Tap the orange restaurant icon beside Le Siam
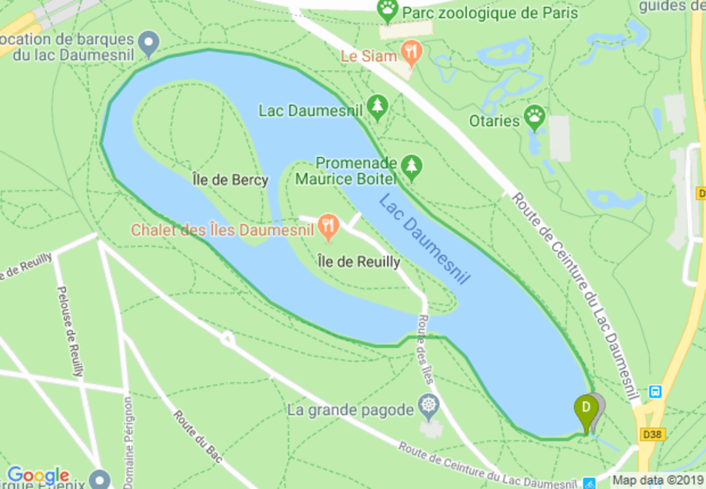pyautogui.click(x=412, y=52)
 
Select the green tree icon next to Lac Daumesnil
pyautogui.click(x=377, y=107)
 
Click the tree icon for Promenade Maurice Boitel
pyautogui.click(x=412, y=166)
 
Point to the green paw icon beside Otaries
pyautogui.click(x=535, y=117)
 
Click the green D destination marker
pyautogui.click(x=585, y=408)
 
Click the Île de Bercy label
pyautogui.click(x=230, y=180)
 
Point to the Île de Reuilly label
pyautogui.click(x=359, y=262)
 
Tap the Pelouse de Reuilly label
pyautogui.click(x=70, y=331)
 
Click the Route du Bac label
pyautogui.click(x=198, y=436)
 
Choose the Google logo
pyautogui.click(x=38, y=475)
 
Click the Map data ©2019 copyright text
pyautogui.click(x=658, y=480)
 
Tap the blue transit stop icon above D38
pyautogui.click(x=655, y=392)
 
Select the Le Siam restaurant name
pyautogui.click(x=369, y=56)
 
